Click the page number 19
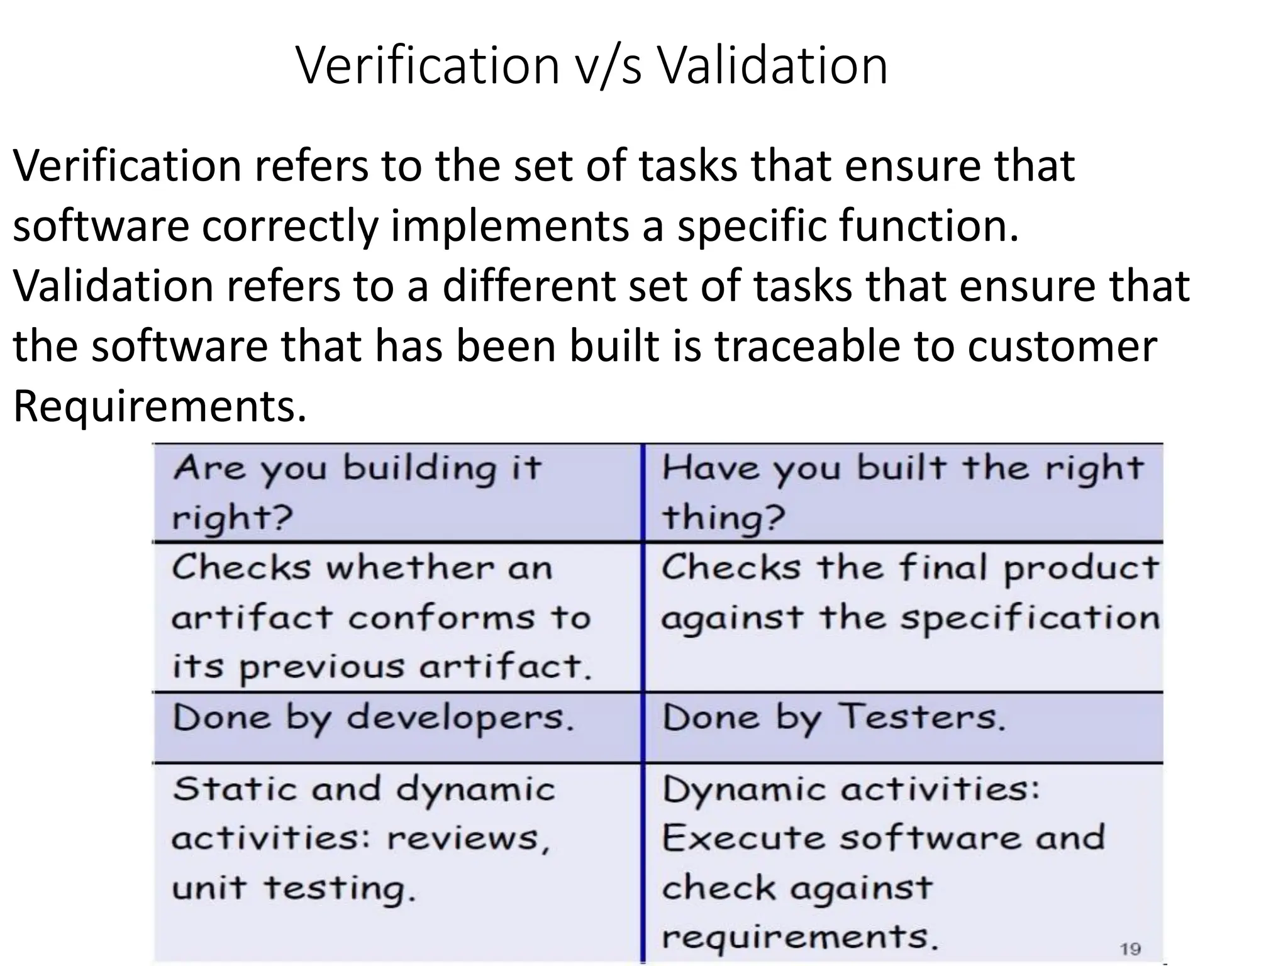click(1130, 948)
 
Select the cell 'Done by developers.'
click(374, 718)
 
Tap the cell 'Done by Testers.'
click(834, 718)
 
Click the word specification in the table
click(1030, 619)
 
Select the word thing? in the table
click(723, 517)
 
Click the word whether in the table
click(409, 568)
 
